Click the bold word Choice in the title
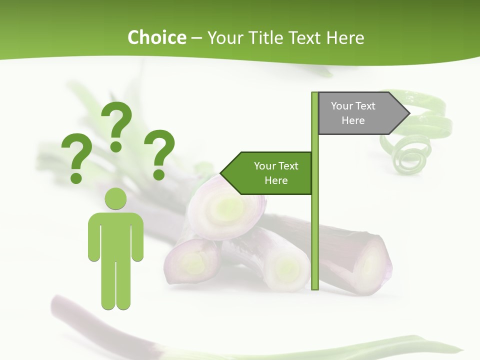point(156,37)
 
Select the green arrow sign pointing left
point(270,173)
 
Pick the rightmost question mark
point(159,154)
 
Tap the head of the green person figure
point(115,198)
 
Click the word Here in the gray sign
point(353,120)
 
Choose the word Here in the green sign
point(276,180)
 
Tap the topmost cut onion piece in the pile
point(227,205)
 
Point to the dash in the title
point(196,37)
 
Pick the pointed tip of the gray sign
point(408,113)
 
